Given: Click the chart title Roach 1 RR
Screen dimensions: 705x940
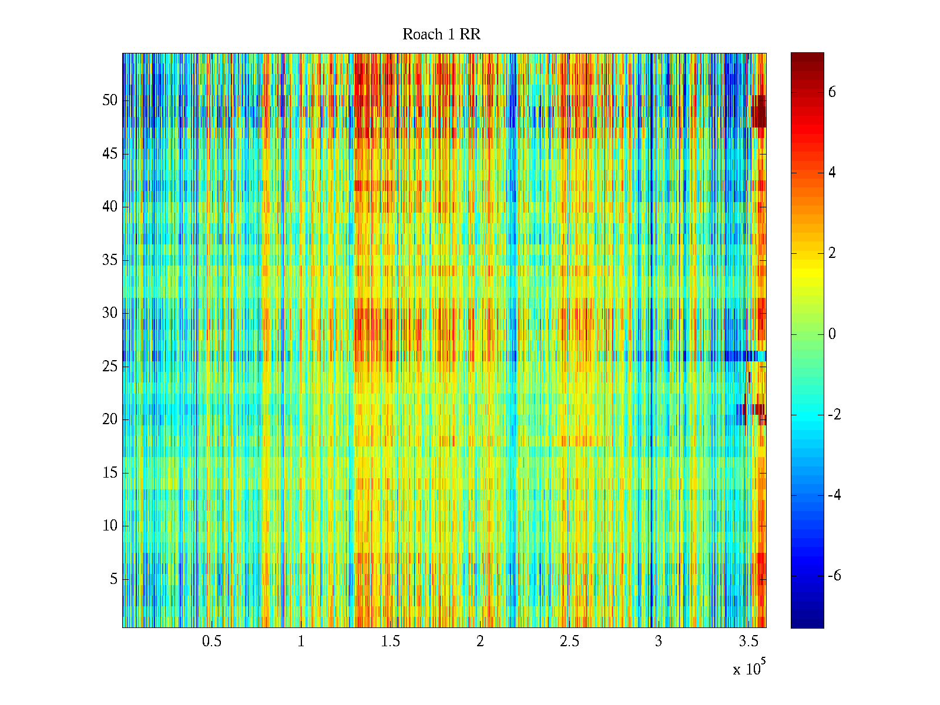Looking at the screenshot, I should [441, 35].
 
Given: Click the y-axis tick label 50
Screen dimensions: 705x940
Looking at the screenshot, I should [110, 100].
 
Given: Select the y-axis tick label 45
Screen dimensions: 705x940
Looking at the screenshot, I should [110, 154].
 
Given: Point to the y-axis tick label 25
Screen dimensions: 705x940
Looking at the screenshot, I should [110, 367].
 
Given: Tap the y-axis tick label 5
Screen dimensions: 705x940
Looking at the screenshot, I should [113, 579].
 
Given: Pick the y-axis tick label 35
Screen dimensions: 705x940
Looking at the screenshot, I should [110, 260].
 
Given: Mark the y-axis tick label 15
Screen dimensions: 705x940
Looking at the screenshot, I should [110, 473].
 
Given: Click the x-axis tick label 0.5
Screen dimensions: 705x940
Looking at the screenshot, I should [211, 642].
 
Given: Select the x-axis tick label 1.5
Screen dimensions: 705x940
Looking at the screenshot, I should [390, 642].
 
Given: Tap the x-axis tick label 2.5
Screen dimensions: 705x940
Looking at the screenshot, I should [569, 642].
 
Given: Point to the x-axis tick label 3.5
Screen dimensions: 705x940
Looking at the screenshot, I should [747, 642].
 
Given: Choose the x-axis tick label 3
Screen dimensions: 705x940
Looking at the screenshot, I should [658, 642].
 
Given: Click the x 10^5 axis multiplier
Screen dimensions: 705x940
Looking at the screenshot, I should [749, 669].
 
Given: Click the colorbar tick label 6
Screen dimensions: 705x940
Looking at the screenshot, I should [832, 92].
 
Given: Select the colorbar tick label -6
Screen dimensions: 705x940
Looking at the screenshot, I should [834, 576].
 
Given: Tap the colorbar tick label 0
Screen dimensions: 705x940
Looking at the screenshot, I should [832, 334].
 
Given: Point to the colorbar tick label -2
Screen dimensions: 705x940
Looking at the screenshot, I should [834, 415].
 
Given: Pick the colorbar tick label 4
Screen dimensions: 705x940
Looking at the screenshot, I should [832, 173].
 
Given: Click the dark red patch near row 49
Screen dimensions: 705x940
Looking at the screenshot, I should [760, 112].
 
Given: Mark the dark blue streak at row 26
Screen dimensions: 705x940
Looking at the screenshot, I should [737, 356].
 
